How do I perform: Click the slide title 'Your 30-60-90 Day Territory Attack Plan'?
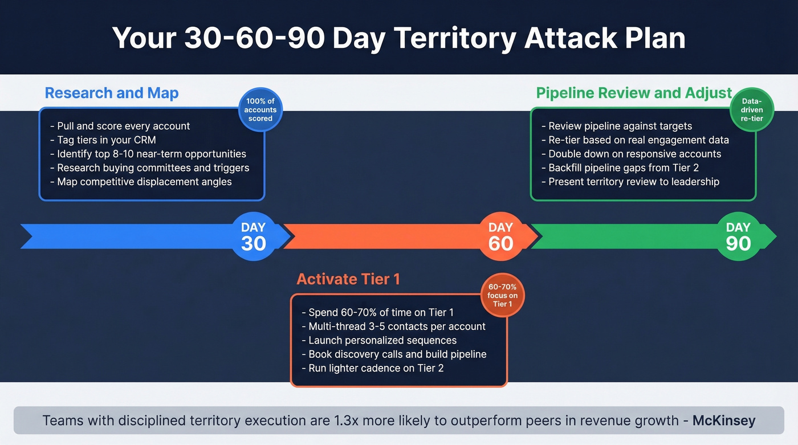coord(398,38)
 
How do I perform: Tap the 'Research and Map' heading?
coord(112,93)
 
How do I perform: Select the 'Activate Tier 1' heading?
coord(348,279)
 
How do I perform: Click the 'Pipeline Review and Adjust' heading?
coord(634,93)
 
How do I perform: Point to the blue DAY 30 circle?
coord(253,236)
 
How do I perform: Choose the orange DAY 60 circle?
coord(500,236)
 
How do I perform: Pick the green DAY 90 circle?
coord(738,236)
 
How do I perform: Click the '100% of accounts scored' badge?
coord(260,110)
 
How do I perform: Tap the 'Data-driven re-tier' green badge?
coord(752,110)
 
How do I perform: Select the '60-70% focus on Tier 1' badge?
coord(502,296)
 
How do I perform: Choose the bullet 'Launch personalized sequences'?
coord(379,340)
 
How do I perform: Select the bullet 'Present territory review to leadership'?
coord(630,182)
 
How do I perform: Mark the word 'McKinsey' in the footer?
coord(723,421)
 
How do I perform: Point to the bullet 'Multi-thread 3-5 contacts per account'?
coord(394,326)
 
